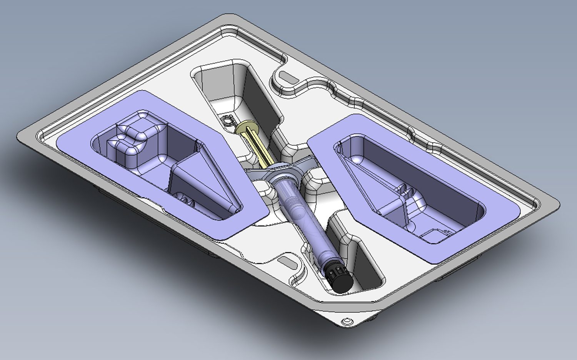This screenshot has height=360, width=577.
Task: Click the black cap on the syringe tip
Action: tap(341, 278)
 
